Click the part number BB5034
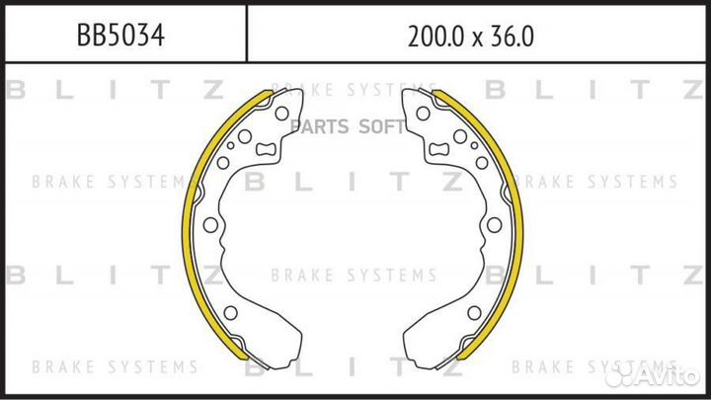click(120, 36)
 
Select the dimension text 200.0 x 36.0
click(471, 37)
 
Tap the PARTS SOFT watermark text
click(348, 126)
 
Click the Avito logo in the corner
click(652, 374)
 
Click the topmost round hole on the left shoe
click(281, 114)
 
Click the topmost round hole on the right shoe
click(423, 114)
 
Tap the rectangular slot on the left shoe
click(266, 149)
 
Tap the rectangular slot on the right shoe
click(438, 149)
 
